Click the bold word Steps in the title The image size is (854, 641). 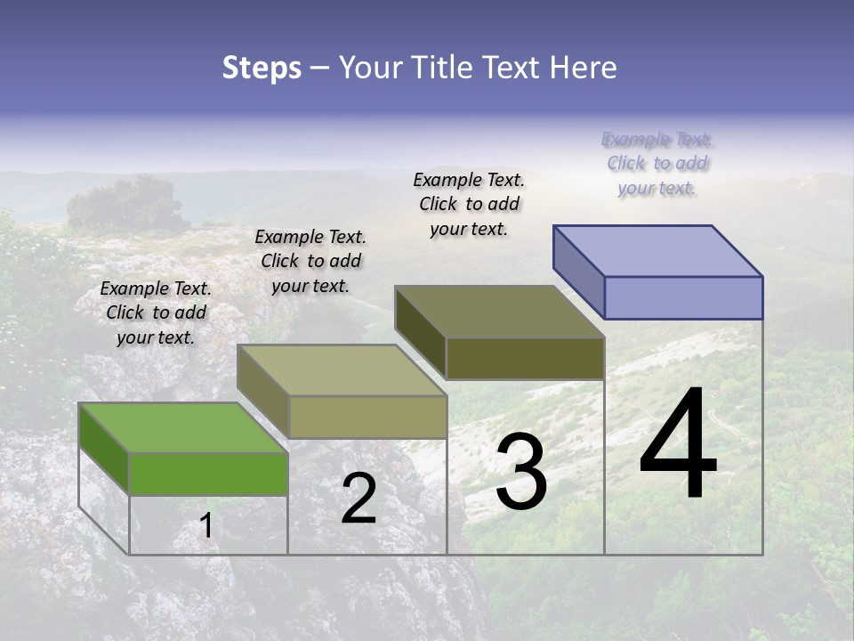(x=262, y=68)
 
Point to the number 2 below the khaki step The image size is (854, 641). (x=359, y=499)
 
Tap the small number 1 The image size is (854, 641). (x=206, y=526)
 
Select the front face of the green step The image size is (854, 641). (x=208, y=474)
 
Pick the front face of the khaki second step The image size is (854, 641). (x=367, y=417)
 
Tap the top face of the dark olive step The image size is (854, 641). (x=499, y=312)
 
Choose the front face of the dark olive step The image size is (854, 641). (x=525, y=358)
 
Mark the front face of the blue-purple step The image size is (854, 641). (x=683, y=297)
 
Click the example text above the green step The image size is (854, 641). (x=156, y=312)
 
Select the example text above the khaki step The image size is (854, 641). (x=310, y=261)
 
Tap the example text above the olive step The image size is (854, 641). (x=469, y=204)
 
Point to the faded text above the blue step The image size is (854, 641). (x=657, y=164)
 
